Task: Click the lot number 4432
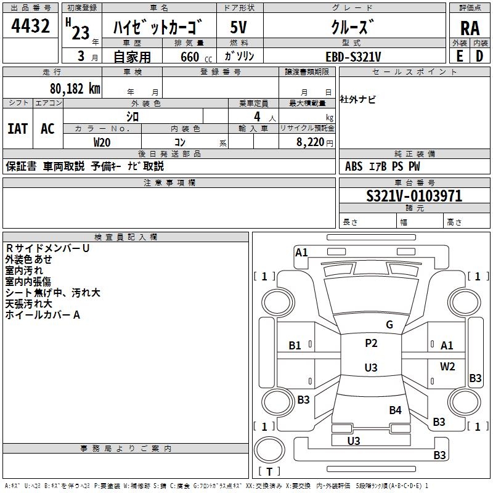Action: click(30, 26)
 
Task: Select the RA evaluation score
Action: click(470, 28)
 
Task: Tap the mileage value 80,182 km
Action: click(75, 89)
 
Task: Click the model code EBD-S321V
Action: click(353, 57)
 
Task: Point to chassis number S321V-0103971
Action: click(414, 196)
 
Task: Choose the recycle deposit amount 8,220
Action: click(311, 142)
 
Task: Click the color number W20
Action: click(102, 142)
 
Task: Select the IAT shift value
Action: click(18, 129)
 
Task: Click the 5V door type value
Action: click(238, 27)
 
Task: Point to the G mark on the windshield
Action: click(389, 324)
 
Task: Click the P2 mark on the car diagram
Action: click(371, 343)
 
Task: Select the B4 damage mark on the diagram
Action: click(395, 410)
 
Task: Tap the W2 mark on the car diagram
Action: click(447, 366)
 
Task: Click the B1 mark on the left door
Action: click(295, 346)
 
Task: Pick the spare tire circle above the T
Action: click(269, 450)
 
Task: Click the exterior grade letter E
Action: click(459, 56)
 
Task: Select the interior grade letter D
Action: click(479, 56)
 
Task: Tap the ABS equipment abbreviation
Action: click(353, 166)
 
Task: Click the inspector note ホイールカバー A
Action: click(43, 315)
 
